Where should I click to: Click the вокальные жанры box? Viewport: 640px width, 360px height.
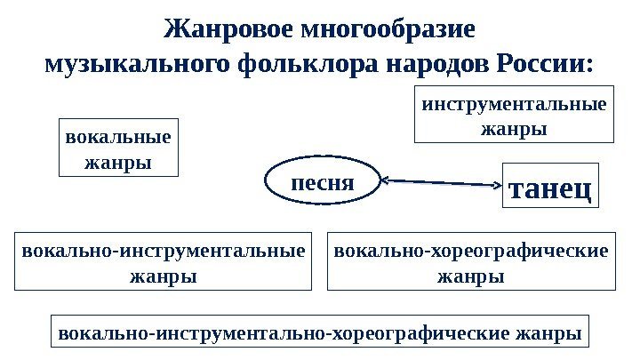pyautogui.click(x=117, y=148)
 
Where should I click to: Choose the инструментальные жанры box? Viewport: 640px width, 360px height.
pyautogui.click(x=514, y=116)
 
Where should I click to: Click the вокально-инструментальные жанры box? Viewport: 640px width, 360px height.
pyautogui.click(x=164, y=261)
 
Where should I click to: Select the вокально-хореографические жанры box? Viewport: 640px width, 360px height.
pyautogui.click(x=471, y=261)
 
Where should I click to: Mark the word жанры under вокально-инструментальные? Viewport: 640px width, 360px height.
pyautogui.click(x=164, y=276)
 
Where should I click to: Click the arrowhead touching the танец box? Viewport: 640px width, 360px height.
pyautogui.click(x=497, y=186)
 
